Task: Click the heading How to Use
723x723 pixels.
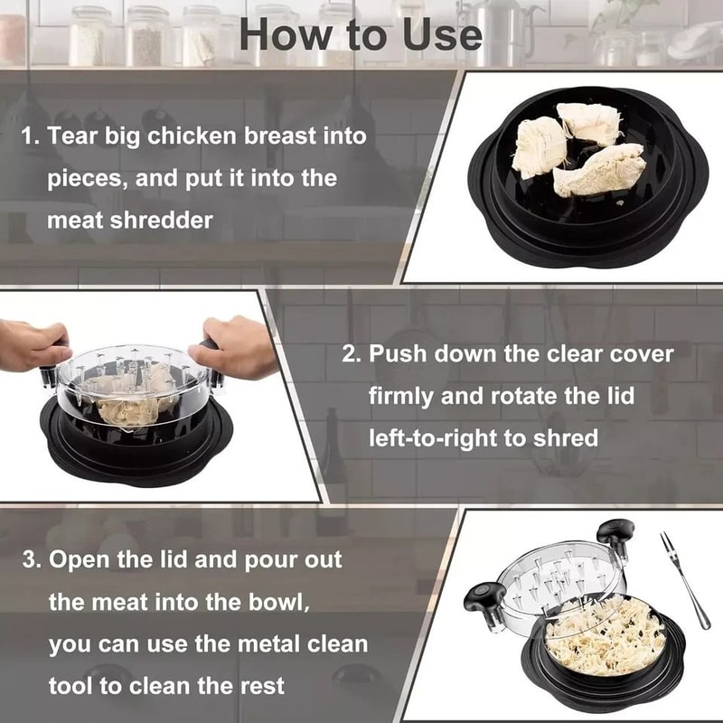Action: [361, 33]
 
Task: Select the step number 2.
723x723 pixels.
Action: [351, 353]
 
